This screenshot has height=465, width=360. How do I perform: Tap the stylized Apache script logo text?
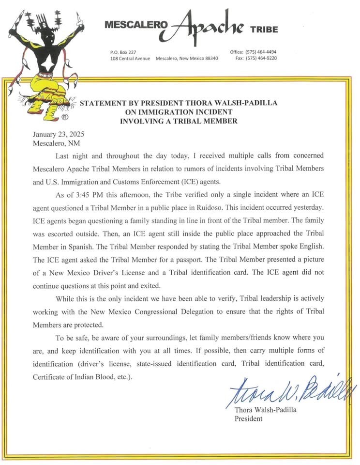(202, 25)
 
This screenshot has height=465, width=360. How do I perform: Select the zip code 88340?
(209, 58)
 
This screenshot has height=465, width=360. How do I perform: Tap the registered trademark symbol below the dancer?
(64, 118)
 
